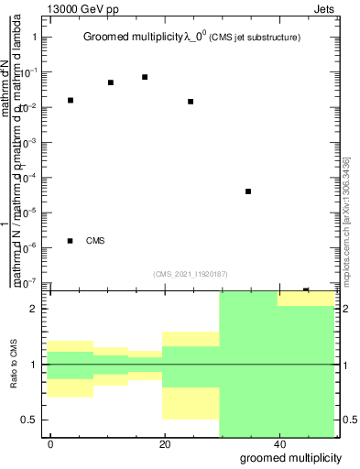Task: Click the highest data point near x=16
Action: click(145, 77)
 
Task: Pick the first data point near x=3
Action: click(71, 100)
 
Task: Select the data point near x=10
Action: click(111, 82)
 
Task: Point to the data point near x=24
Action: click(191, 102)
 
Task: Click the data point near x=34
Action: click(248, 191)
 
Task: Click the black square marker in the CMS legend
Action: click(71, 241)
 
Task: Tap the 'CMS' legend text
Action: click(95, 241)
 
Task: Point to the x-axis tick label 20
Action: click(165, 443)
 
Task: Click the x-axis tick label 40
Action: click(279, 443)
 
